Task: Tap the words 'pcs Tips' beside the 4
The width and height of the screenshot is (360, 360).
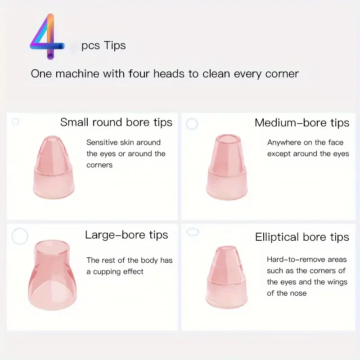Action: (x=103, y=45)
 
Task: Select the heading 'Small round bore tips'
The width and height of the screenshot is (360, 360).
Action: (x=116, y=122)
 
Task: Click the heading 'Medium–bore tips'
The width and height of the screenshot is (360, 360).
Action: (x=301, y=122)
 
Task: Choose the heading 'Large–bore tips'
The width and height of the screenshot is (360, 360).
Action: (x=126, y=235)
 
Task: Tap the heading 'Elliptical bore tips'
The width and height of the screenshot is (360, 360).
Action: (x=302, y=237)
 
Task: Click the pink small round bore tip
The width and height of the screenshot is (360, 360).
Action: (x=54, y=166)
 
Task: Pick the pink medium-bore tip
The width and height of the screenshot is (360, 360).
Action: (x=228, y=166)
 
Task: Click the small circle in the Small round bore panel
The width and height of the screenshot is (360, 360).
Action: (x=15, y=121)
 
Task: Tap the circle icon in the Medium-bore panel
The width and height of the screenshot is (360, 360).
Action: (x=192, y=124)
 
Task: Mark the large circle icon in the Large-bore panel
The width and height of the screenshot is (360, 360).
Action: (x=20, y=236)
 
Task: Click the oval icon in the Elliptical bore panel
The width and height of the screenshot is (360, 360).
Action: (x=193, y=232)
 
